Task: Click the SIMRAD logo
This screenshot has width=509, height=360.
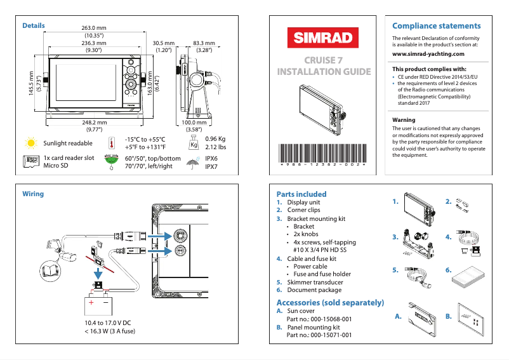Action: (323, 38)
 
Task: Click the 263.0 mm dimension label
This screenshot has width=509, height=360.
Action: (94, 29)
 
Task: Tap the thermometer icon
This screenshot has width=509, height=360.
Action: (112, 143)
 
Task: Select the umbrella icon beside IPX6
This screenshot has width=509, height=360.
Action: (192, 163)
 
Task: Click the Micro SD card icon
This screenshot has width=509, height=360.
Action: (30, 163)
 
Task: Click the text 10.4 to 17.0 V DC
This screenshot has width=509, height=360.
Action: (107, 323)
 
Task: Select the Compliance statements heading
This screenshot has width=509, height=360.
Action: (436, 26)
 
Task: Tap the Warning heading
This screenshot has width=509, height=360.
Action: (404, 120)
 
